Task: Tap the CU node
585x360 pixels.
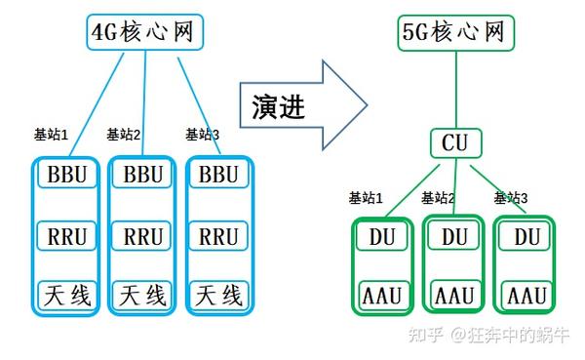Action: tap(454, 143)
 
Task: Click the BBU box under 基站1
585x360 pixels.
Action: tap(68, 176)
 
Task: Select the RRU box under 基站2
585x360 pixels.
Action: tap(143, 235)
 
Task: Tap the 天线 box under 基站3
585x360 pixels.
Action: tap(218, 294)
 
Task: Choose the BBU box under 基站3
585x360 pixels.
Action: tap(218, 176)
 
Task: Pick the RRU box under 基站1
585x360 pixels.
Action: tap(68, 235)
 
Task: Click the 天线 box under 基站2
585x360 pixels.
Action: tap(143, 294)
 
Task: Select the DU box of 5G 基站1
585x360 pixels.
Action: tap(382, 236)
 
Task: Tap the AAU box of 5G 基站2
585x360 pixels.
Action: tap(454, 295)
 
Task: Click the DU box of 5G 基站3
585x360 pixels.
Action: tap(527, 236)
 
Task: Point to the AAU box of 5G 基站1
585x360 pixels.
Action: tap(382, 295)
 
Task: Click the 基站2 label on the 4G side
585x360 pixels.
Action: tap(124, 135)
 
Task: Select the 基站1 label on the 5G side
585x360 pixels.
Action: tap(367, 198)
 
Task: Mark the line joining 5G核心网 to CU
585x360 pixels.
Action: tap(454, 90)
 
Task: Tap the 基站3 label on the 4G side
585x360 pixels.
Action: tap(202, 135)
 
